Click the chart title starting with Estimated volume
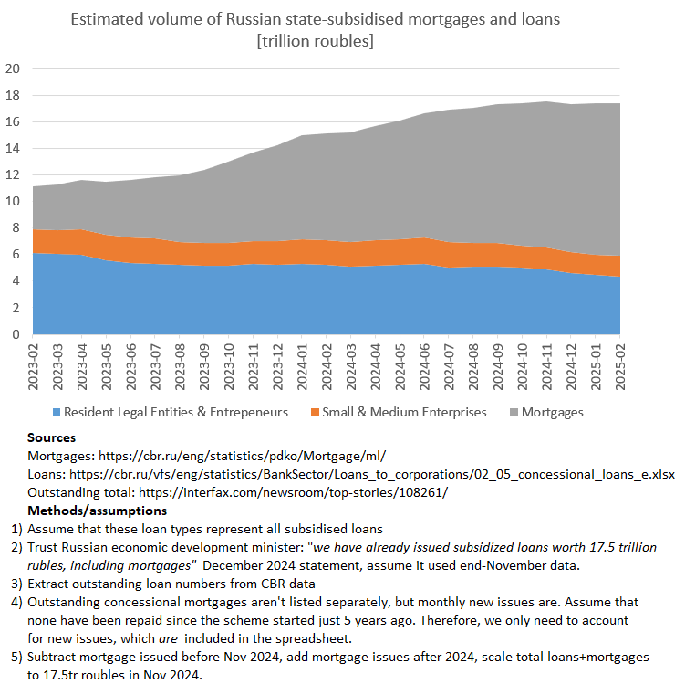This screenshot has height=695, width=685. click(x=316, y=19)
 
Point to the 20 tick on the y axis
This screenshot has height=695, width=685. click(x=13, y=68)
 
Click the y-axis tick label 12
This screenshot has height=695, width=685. click(x=13, y=175)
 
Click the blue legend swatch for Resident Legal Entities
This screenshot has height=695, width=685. click(x=57, y=413)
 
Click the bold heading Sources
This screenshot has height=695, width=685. click(x=51, y=438)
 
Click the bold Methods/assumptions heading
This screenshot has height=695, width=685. click(x=90, y=509)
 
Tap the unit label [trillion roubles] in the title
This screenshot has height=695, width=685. click(x=316, y=41)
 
